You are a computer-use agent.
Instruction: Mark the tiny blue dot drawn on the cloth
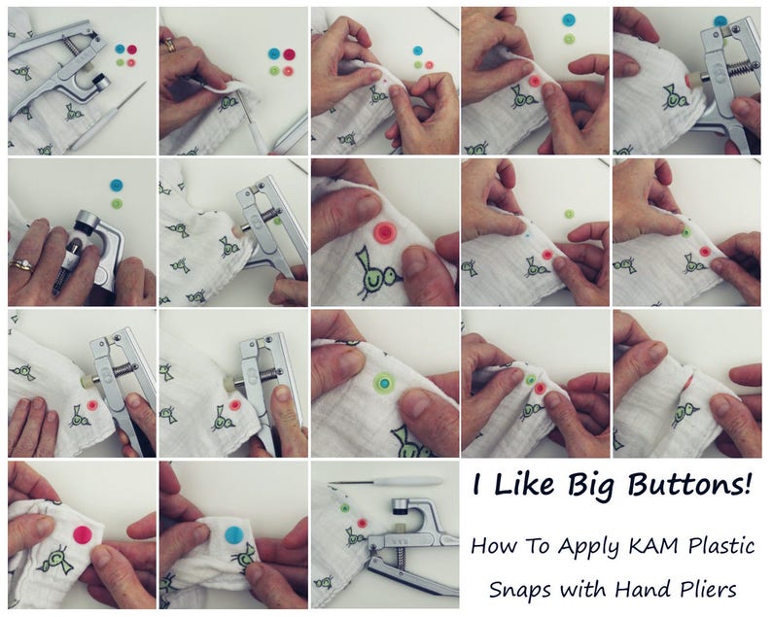click(526, 235)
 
